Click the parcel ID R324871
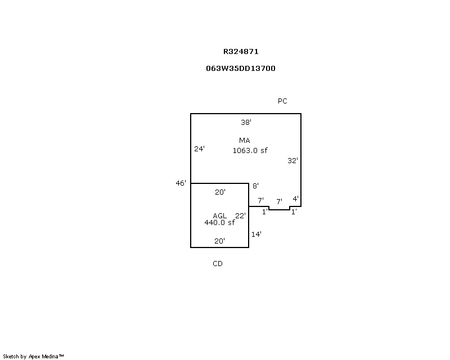(241, 52)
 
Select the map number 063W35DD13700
(241, 68)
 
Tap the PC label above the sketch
(282, 101)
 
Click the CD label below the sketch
(218, 264)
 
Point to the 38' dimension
(246, 122)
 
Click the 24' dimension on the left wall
(199, 148)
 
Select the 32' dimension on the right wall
(292, 160)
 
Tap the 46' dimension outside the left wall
(181, 183)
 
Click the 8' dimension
(255, 186)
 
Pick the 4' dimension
(296, 199)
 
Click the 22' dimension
(241, 215)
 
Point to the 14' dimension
(256, 234)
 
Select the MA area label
(245, 141)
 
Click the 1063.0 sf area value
(250, 150)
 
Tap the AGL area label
(220, 215)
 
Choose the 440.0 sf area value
(219, 223)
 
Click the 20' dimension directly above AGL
(220, 192)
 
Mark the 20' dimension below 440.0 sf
(219, 241)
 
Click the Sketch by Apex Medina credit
(33, 357)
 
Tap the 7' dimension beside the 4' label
(279, 201)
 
